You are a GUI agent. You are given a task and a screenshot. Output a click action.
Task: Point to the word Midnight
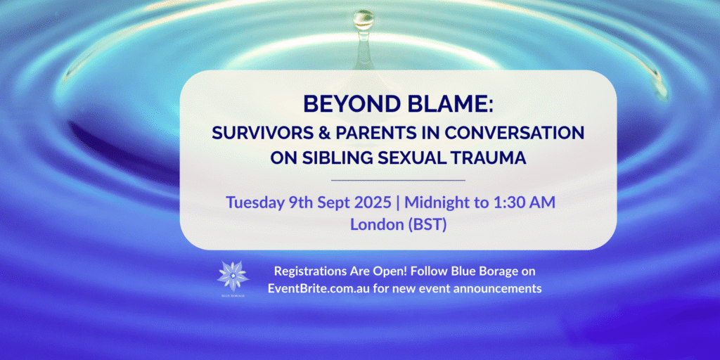click(x=434, y=202)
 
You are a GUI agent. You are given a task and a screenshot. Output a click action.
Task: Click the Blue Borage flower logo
click(x=233, y=276)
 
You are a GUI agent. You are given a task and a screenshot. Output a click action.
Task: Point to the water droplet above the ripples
click(x=364, y=19)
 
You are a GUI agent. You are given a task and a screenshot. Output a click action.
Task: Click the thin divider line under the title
click(x=398, y=181)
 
